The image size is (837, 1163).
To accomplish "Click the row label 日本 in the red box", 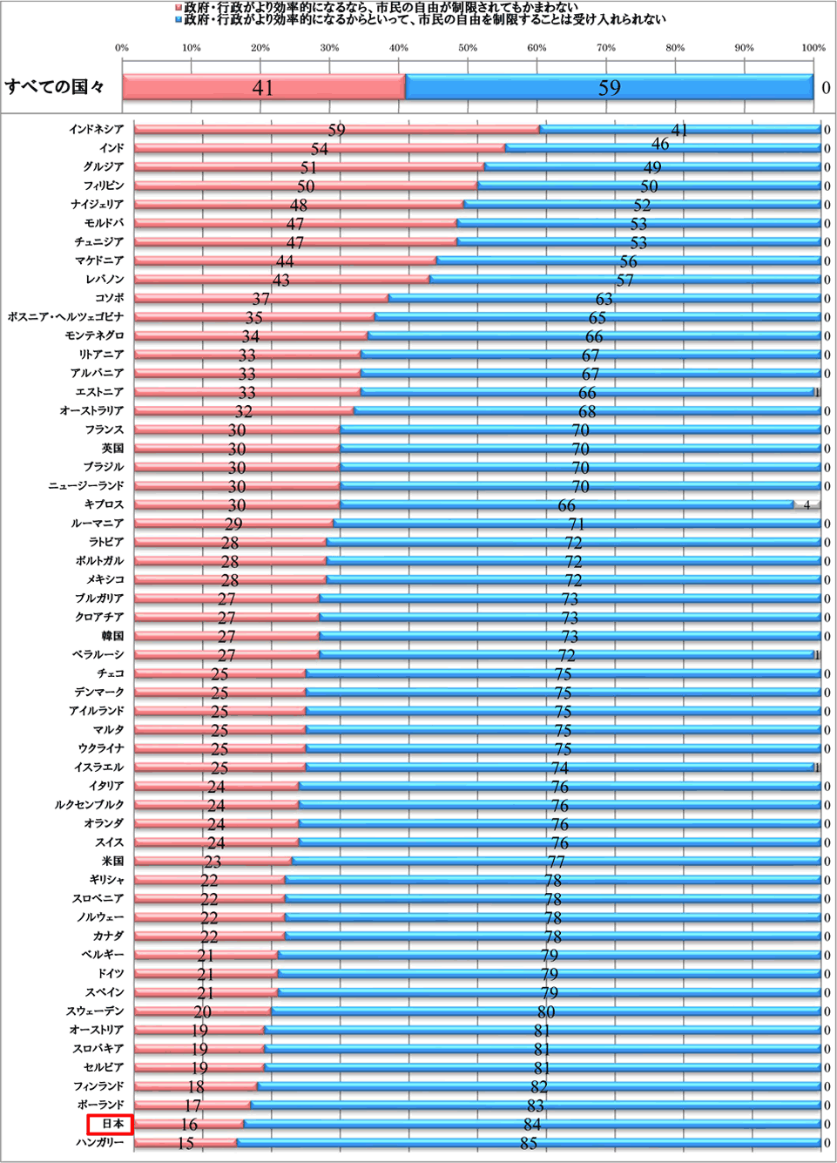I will [111, 1124].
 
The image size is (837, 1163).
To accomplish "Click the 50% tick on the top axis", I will [468, 48].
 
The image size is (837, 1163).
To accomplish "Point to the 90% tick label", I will [744, 48].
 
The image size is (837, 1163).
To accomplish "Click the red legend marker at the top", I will [179, 7].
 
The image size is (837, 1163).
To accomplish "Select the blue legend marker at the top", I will [179, 18].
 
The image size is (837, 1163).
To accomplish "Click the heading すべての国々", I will [55, 87].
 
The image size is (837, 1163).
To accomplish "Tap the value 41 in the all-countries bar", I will [262, 87].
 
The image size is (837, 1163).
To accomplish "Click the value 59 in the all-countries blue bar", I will [609, 87].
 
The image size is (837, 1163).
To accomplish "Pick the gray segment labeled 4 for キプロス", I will [807, 504].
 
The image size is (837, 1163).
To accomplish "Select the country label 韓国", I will [112, 636].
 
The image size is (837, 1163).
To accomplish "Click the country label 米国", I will [112, 861].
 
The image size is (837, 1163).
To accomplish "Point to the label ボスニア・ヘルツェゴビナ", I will [65, 317].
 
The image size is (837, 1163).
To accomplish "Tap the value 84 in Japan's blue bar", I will [532, 1125].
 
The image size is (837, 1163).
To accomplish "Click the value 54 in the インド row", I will [320, 149].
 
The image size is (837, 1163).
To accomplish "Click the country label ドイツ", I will [111, 973].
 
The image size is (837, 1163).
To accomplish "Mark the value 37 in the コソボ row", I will [260, 299].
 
